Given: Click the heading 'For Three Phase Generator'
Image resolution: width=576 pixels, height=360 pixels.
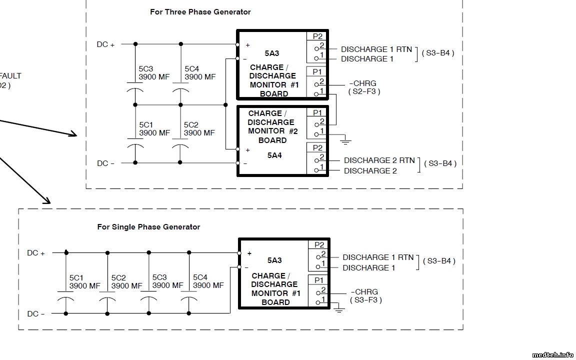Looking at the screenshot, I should [200, 11].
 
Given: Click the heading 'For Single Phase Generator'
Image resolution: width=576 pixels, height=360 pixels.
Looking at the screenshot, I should [148, 227].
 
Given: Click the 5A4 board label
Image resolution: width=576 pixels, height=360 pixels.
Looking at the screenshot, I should [274, 155].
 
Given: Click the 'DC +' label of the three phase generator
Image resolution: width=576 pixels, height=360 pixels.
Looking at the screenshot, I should [105, 44].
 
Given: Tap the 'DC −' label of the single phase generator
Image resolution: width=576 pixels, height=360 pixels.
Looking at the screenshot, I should [35, 314].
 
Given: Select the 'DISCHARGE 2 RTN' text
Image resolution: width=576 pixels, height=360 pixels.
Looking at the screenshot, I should [379, 160].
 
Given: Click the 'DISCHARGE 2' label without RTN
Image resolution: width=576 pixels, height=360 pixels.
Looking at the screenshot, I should [370, 171].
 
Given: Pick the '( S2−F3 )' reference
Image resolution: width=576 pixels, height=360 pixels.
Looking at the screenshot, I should [364, 91].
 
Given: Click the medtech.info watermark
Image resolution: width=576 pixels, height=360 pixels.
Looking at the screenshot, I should [552, 355].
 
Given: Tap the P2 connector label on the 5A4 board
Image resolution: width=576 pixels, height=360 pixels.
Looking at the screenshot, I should [317, 147].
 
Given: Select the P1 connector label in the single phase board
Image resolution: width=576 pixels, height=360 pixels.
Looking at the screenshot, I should [319, 280].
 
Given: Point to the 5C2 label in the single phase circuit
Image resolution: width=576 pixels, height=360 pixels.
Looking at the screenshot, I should [118, 277].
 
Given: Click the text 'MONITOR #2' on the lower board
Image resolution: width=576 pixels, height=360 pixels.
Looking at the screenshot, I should [272, 131].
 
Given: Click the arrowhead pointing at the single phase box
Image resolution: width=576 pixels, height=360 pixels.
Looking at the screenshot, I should [47, 201].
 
